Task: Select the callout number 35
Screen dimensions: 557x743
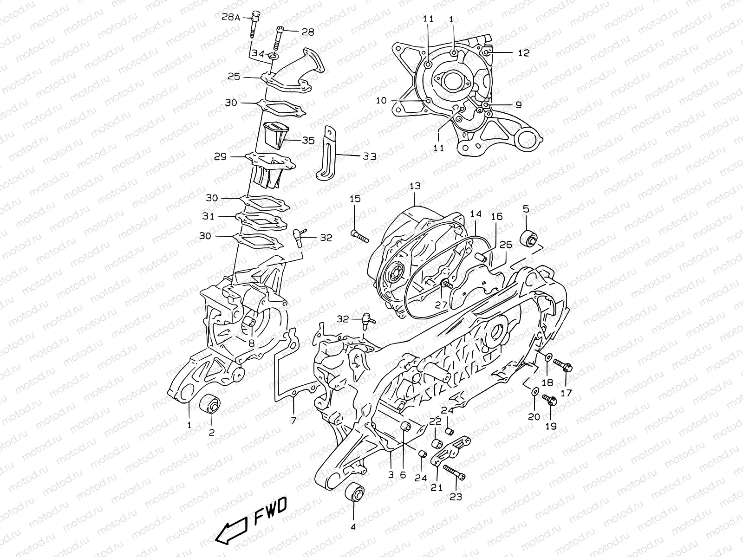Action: click(308, 140)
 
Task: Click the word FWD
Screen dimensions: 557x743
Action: click(272, 511)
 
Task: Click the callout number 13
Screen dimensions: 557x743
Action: click(415, 186)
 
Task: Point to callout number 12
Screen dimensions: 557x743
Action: click(523, 53)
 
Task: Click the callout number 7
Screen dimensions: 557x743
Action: click(293, 421)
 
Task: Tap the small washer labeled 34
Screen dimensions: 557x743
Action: click(272, 57)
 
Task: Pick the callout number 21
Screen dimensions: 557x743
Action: click(437, 487)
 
